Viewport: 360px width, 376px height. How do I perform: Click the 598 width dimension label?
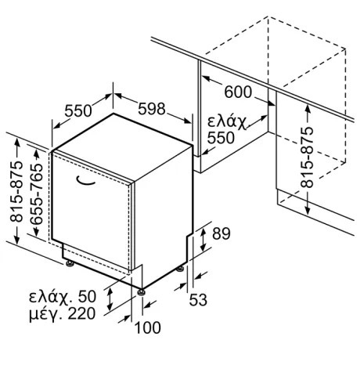coord(152,109)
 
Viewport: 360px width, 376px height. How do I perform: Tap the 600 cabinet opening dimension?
coord(238,92)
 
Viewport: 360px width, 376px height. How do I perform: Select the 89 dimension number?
coord(221,233)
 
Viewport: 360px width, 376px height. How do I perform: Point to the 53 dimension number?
coord(198,299)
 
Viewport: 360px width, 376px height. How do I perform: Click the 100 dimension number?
coord(148,327)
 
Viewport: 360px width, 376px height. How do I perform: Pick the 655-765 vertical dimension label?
coord(37,193)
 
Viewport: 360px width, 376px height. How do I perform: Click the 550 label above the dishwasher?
coord(78,110)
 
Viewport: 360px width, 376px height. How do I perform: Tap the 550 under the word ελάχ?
coord(221,138)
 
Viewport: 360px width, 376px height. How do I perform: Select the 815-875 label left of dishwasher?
coord(16,192)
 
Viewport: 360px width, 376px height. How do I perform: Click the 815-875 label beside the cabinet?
coord(307,157)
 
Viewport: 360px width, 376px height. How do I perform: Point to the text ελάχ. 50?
coord(63,296)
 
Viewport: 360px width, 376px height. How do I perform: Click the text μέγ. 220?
coord(62,314)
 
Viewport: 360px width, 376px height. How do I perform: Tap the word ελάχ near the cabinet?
coord(227,121)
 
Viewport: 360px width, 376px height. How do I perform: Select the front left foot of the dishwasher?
coord(70,263)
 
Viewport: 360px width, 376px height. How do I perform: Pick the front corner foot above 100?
coord(142,291)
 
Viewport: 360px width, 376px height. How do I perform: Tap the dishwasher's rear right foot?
coord(180,269)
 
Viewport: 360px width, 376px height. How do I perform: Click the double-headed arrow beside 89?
coord(203,240)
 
